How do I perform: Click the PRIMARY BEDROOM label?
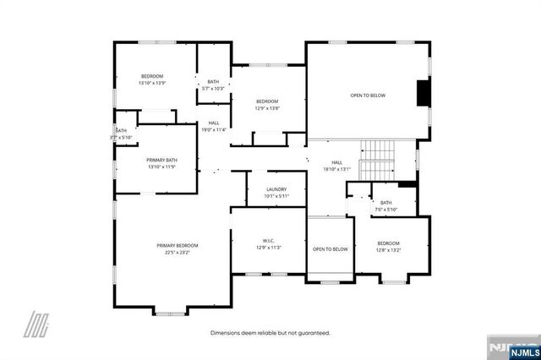(x=177, y=245)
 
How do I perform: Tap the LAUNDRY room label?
(x=276, y=189)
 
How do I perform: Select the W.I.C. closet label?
(x=268, y=240)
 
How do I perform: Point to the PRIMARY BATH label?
(x=161, y=160)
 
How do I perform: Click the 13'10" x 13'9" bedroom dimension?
(x=153, y=83)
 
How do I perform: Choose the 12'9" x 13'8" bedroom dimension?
(x=267, y=108)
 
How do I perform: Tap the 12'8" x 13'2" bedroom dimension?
(x=388, y=250)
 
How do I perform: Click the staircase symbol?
(x=378, y=159)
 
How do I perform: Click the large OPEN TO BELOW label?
(x=368, y=95)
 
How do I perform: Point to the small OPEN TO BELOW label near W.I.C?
(x=331, y=249)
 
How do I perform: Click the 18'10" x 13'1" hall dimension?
(x=336, y=169)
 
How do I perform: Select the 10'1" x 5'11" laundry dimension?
(x=276, y=196)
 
